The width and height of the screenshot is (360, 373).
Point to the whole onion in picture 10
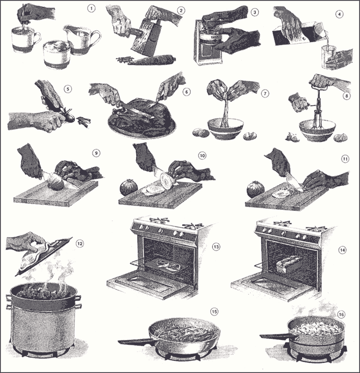(128, 187)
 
